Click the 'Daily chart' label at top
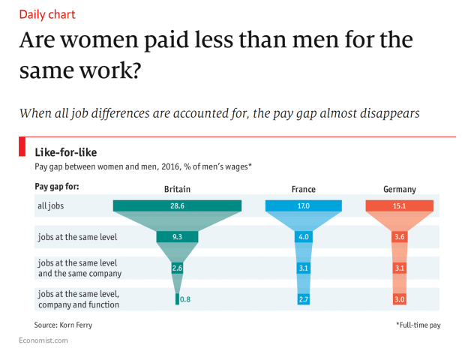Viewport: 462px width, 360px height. [x=46, y=14]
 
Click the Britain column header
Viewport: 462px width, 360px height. [x=177, y=190]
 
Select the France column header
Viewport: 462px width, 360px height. [x=303, y=190]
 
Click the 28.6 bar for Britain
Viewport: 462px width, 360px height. [x=177, y=205]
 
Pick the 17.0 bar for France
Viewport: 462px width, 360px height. [x=304, y=205]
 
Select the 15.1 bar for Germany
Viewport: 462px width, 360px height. [x=400, y=205]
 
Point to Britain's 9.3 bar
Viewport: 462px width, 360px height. [x=177, y=237]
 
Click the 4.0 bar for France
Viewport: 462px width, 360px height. [x=304, y=237]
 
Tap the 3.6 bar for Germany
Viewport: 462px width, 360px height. [x=400, y=237]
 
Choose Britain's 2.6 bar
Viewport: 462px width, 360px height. [x=177, y=268]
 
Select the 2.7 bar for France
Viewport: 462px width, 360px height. [x=304, y=299]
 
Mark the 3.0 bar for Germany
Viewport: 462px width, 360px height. [x=400, y=299]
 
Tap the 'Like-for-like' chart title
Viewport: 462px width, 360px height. [x=65, y=152]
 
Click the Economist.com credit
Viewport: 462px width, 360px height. [x=43, y=340]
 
